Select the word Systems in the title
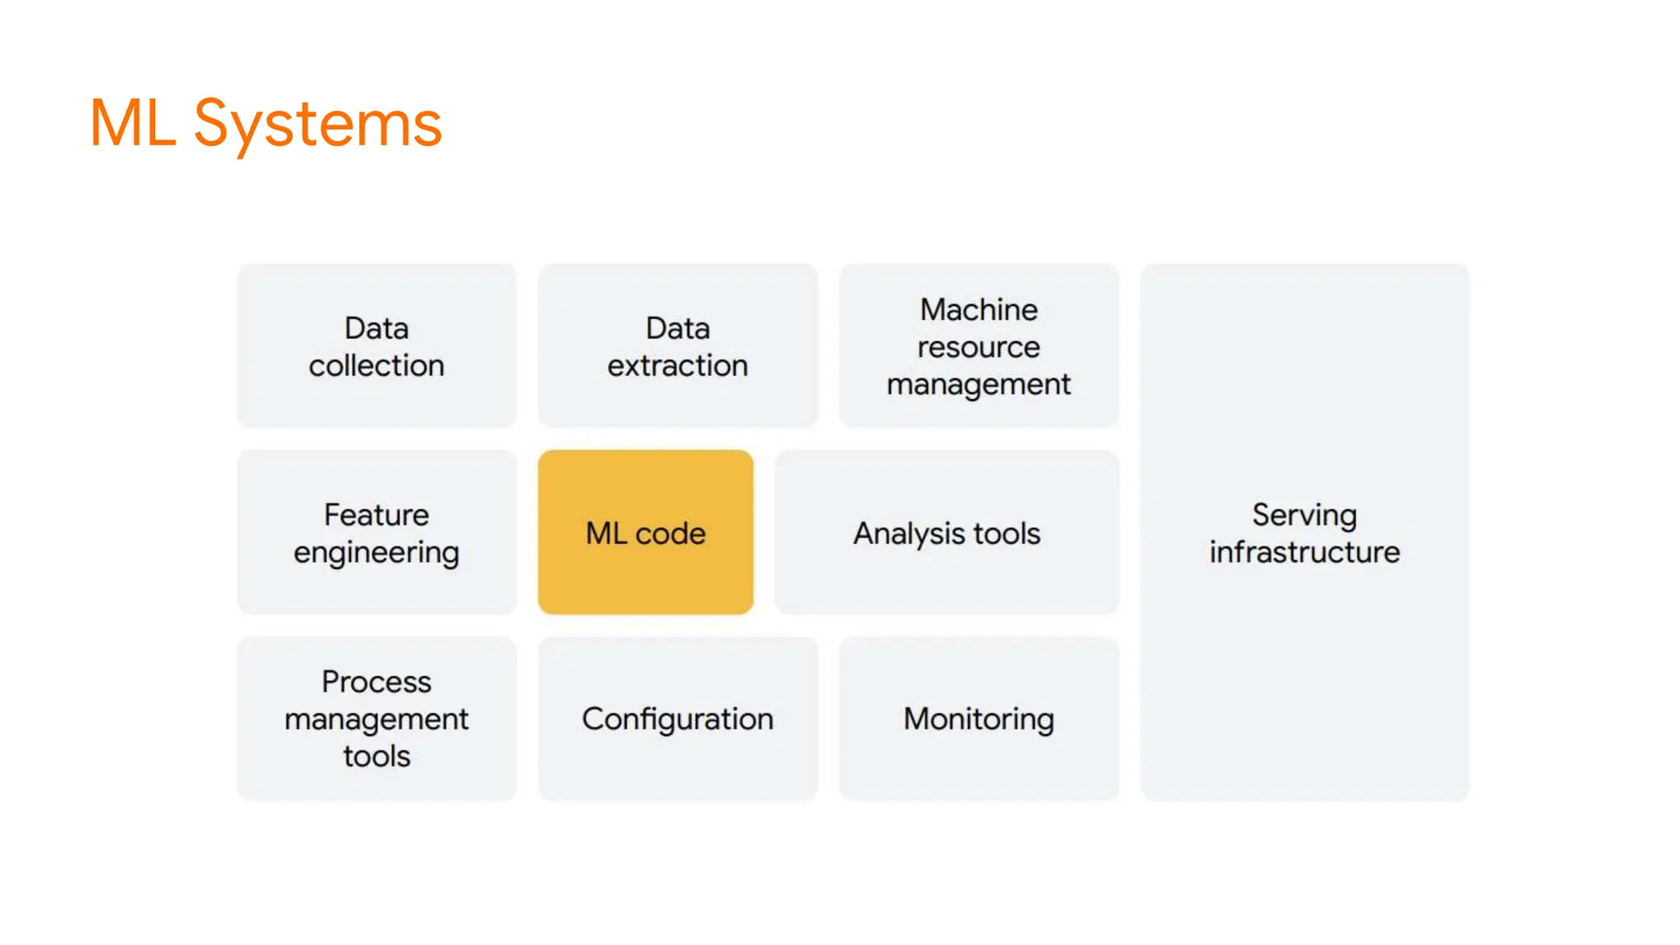317,125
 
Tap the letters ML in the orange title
132,123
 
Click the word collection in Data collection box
377,366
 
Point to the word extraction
678,366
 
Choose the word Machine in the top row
979,310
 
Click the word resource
979,348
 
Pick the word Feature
377,515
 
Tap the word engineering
377,553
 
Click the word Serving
1304,515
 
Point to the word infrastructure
1304,552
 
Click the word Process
377,682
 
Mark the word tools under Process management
377,756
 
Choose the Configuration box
678,719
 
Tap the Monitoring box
979,719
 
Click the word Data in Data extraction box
678,329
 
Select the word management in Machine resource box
979,385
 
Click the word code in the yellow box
670,534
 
